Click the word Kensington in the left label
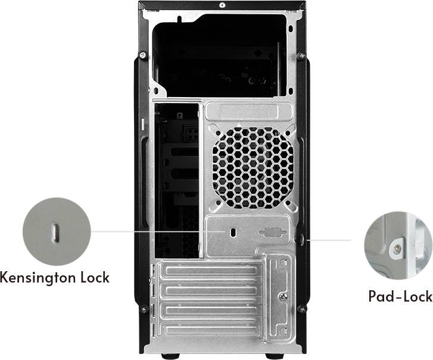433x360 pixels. point(38,277)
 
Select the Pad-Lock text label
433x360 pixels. point(400,296)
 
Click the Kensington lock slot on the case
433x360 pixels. point(233,232)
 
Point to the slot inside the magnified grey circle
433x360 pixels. point(56,232)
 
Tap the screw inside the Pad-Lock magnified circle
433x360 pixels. point(397,249)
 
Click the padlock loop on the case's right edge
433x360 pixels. point(303,239)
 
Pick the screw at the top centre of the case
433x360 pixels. point(222,5)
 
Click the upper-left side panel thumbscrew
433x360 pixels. point(143,55)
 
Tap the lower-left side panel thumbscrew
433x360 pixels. point(143,309)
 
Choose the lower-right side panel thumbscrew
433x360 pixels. point(302,308)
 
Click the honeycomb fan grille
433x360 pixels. point(253,167)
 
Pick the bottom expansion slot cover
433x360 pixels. point(211,329)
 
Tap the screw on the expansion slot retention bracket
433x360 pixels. point(284,296)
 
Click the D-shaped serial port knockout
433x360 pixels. point(272,232)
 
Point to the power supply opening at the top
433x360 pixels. point(220,55)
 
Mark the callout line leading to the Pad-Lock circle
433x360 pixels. point(329,240)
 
